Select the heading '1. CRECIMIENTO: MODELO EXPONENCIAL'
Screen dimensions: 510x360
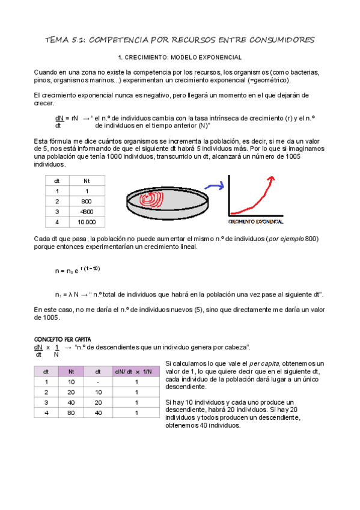180,57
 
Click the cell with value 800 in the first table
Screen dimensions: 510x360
86,201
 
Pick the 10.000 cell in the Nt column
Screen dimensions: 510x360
86,223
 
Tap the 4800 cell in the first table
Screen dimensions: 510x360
86,212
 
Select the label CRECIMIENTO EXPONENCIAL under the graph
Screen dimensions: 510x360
257,223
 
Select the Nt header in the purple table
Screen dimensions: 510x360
72,371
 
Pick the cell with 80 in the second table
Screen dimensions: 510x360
72,413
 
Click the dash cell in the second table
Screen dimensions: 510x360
98,382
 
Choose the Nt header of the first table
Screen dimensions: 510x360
86,180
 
